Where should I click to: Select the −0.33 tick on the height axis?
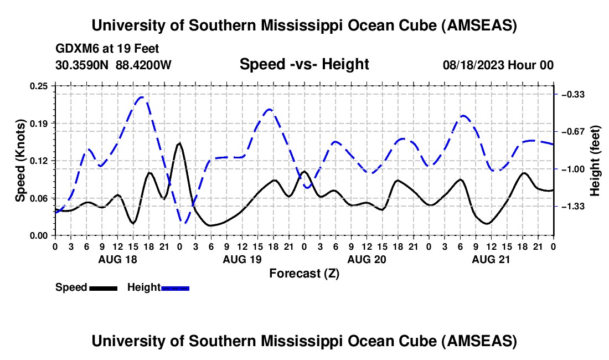click(x=572, y=95)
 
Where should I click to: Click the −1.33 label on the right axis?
click(x=572, y=207)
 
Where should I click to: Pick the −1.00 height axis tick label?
click(x=572, y=169)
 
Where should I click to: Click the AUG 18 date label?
click(x=117, y=259)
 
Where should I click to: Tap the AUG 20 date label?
click(x=367, y=259)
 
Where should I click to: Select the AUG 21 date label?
click(x=491, y=259)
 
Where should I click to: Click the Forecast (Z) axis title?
click(x=304, y=273)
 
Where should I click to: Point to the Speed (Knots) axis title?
click(x=20, y=161)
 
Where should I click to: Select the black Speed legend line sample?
click(x=103, y=287)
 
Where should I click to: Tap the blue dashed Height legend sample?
click(x=175, y=287)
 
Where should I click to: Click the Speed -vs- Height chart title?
click(x=304, y=64)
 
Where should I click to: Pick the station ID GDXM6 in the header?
click(x=76, y=49)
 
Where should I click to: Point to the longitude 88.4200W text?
click(x=144, y=65)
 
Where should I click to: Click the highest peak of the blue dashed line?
click(x=142, y=97)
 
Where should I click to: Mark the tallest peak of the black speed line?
click(x=179, y=143)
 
